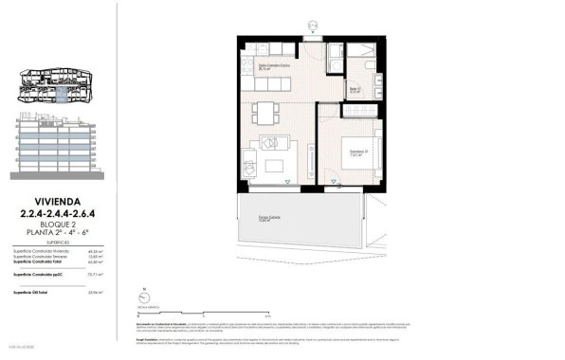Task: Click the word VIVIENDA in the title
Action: point(57,201)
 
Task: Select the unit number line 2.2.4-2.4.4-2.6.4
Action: point(57,212)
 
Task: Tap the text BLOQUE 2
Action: point(57,223)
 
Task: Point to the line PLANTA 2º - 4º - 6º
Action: point(57,232)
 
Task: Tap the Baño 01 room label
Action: point(355,90)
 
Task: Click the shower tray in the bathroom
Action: point(361,58)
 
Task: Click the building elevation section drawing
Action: point(55,147)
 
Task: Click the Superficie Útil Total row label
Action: point(34,293)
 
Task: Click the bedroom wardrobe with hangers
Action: point(359,111)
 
